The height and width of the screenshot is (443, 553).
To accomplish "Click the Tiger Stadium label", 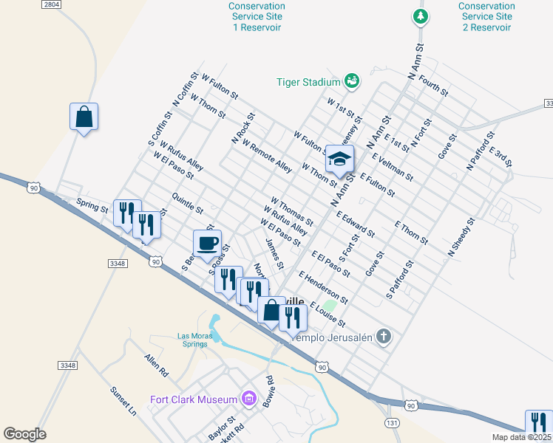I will [x=308, y=82].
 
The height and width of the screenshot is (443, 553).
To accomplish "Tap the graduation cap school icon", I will [x=339, y=159].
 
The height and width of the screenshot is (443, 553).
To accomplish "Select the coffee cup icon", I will [x=207, y=243].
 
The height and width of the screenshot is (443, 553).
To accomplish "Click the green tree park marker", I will [x=421, y=16].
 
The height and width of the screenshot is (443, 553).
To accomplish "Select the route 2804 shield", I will [x=51, y=4].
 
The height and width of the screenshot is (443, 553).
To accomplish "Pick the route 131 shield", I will [x=392, y=422].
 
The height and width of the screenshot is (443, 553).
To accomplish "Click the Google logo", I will [x=24, y=434].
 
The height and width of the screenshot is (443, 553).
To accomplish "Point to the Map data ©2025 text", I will [x=521, y=437].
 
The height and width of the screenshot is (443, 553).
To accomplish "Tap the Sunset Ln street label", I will [x=123, y=401].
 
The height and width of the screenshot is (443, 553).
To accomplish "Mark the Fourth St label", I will [x=433, y=83].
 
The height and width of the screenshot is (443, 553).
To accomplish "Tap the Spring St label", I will [x=92, y=205].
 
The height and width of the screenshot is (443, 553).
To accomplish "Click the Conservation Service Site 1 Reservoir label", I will [x=257, y=16].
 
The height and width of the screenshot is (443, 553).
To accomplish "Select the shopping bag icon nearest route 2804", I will [x=84, y=117].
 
